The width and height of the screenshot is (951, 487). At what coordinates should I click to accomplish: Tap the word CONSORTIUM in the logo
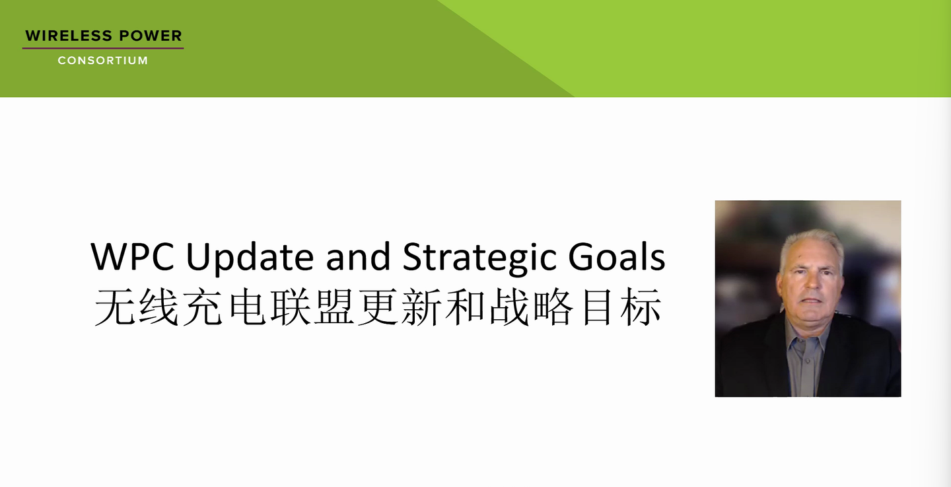pyautogui.click(x=102, y=60)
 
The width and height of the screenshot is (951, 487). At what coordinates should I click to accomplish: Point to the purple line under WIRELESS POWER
pyautogui.click(x=102, y=48)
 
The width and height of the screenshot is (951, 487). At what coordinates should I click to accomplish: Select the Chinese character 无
pyautogui.click(x=115, y=308)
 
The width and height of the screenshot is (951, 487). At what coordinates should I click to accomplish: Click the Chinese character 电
pyautogui.click(x=246, y=308)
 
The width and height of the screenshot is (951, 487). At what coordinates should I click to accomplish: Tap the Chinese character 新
pyautogui.click(x=421, y=308)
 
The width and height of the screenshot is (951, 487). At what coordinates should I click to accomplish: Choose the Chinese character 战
pyautogui.click(x=509, y=308)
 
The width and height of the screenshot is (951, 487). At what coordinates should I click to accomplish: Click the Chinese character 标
pyautogui.click(x=639, y=308)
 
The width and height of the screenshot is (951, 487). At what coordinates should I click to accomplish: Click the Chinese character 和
pyautogui.click(x=465, y=308)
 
